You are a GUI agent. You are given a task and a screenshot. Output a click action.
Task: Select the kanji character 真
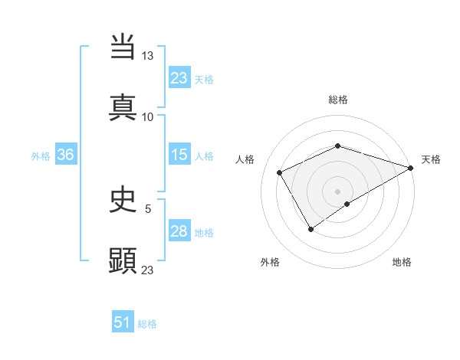(x=123, y=106)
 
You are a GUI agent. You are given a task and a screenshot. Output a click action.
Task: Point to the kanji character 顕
(x=123, y=260)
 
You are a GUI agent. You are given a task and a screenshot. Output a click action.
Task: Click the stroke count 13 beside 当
(x=148, y=56)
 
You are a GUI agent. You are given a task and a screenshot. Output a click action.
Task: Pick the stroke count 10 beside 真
(x=148, y=116)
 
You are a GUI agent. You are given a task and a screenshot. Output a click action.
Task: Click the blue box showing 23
(x=179, y=78)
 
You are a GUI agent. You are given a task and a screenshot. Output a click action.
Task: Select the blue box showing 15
(x=179, y=155)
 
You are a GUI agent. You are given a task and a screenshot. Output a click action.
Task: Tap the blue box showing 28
(x=179, y=232)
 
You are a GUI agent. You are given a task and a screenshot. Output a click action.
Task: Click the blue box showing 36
(x=65, y=155)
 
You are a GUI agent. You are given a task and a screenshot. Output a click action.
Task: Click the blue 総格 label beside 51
(x=147, y=324)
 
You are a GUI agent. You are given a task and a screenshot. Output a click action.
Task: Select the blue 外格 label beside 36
(x=41, y=156)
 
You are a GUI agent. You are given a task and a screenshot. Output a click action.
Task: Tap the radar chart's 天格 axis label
(x=431, y=159)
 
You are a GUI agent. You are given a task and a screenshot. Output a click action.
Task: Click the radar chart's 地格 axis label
(x=402, y=263)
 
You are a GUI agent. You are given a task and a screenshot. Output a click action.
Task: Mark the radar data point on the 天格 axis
(x=412, y=167)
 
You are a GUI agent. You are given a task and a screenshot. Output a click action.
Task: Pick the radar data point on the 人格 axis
(x=280, y=172)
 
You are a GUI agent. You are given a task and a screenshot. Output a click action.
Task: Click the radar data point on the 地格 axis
(x=347, y=204)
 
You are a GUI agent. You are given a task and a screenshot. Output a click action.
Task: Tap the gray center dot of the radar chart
(x=337, y=191)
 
